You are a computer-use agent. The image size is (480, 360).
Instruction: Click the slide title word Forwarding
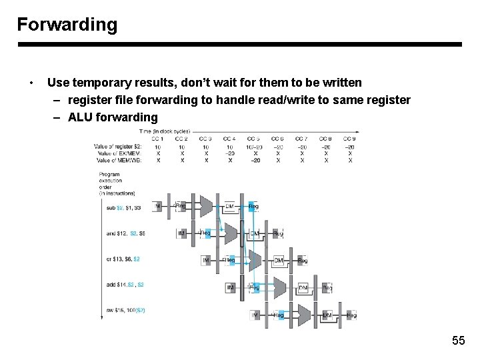coord(67,25)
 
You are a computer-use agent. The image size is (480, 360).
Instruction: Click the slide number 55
coord(458,341)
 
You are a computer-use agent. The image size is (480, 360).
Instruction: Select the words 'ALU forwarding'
coord(113,117)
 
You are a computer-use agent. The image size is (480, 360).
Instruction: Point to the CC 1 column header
coord(158,139)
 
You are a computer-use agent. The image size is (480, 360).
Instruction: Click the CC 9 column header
coord(349,139)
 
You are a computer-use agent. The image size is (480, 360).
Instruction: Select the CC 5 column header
coord(253,139)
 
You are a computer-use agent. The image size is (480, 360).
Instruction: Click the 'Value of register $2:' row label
coord(119,147)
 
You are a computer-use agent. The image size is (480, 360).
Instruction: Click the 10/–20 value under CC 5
coord(253,147)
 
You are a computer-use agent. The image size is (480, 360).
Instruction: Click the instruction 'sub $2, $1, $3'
coord(123,207)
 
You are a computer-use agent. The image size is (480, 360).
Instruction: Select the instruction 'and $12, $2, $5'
coord(125,233)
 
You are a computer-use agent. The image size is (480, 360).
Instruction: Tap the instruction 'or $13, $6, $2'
coord(123,259)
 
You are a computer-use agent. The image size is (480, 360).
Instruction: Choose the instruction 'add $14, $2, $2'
coord(125,285)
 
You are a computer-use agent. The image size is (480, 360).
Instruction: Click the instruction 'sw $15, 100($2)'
coord(125,311)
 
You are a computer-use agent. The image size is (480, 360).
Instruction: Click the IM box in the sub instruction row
coord(158,207)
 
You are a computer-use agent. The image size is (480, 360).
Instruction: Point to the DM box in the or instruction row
coord(279,260)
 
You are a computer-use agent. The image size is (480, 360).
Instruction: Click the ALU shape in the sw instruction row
coord(304,314)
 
